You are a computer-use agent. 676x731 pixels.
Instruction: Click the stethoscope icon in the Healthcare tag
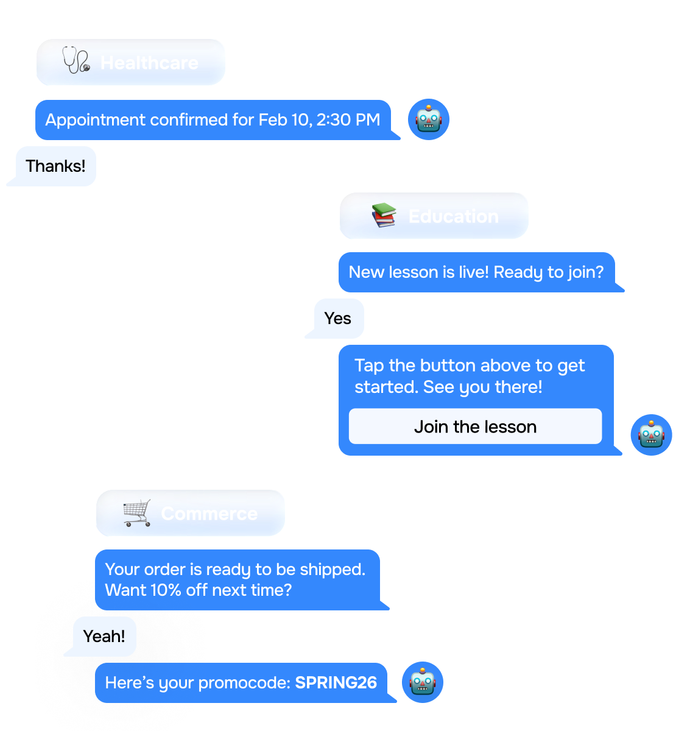[x=76, y=62]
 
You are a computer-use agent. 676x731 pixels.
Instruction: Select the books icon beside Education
[x=384, y=216]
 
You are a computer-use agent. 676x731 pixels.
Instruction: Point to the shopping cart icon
[x=137, y=513]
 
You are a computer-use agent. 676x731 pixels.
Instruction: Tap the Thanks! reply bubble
[x=55, y=166]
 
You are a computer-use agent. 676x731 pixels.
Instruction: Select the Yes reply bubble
[x=338, y=318]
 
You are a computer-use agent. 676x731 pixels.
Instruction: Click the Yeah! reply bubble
[x=104, y=637]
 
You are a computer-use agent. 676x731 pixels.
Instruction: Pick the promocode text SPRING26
[x=336, y=683]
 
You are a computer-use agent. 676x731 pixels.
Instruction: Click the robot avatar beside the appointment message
[x=429, y=119]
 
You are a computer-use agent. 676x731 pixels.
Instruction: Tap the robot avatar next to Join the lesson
[x=651, y=435]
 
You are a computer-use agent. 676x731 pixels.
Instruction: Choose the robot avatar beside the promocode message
[x=423, y=682]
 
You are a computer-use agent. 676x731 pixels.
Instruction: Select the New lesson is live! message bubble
[x=476, y=272]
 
